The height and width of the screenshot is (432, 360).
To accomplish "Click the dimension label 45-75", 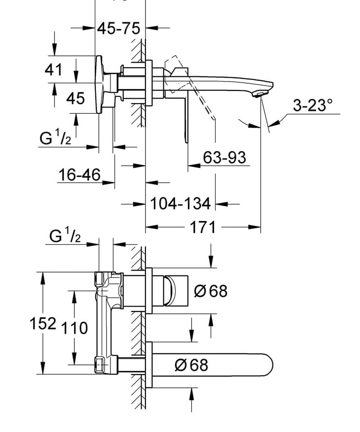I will click(118, 29).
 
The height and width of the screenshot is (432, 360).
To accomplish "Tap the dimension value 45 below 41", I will click(75, 98).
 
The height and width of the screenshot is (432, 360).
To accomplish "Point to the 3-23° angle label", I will click(312, 105).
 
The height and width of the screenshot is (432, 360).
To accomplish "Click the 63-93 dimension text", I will click(224, 157).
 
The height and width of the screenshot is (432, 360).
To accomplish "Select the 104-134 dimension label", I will click(180, 203).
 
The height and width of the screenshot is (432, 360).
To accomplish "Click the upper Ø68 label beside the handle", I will click(210, 291).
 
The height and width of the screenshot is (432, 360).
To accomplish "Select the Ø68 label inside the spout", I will click(191, 364).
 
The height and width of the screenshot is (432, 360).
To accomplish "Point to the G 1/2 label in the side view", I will click(55, 139).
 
